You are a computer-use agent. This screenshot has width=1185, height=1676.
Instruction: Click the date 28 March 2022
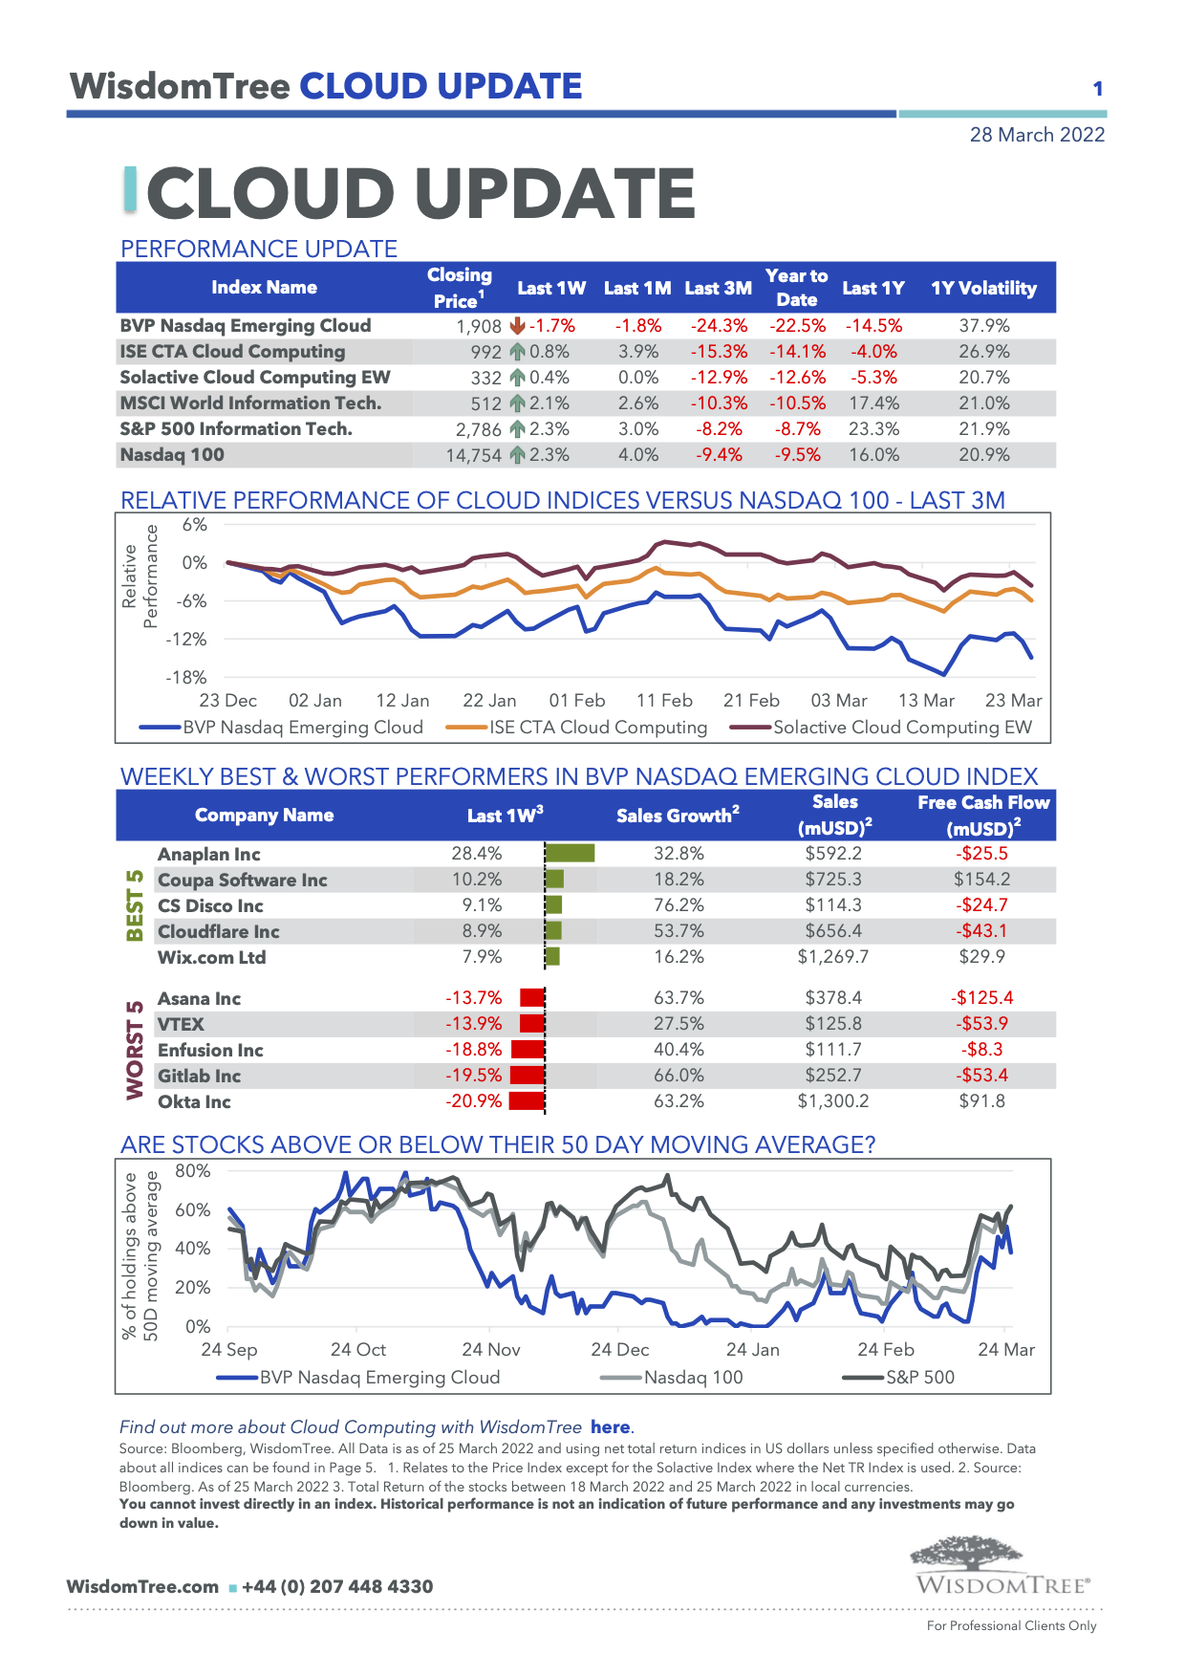point(1037,135)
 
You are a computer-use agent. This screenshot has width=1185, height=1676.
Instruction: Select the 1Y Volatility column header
point(983,288)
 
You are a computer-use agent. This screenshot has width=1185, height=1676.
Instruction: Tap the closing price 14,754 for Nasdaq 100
point(473,455)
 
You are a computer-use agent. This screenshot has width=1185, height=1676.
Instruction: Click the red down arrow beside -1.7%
point(518,326)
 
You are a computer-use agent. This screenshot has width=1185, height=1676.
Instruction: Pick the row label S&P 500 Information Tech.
point(236,429)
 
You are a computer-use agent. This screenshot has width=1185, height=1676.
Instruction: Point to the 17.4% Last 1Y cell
point(873,403)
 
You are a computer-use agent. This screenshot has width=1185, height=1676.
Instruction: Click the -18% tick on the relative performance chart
point(186,678)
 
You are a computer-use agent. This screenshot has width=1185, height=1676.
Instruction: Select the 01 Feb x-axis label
point(577,701)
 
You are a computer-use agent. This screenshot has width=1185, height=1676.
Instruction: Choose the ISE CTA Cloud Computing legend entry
point(577,728)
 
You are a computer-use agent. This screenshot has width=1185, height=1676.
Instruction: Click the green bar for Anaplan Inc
point(570,853)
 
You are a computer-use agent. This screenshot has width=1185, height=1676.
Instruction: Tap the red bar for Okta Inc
point(527,1101)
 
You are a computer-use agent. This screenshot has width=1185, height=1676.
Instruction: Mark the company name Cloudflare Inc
point(219,932)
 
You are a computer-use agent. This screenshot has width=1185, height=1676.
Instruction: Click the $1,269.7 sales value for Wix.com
point(833,957)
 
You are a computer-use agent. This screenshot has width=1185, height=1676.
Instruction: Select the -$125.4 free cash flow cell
point(981,998)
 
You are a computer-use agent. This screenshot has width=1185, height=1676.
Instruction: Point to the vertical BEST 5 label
point(136,905)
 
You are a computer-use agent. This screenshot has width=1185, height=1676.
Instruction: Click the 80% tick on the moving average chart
point(193,1171)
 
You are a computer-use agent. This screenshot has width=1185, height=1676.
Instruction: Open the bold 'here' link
point(610,1427)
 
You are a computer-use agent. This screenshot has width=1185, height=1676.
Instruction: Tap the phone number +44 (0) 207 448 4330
point(337,1587)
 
